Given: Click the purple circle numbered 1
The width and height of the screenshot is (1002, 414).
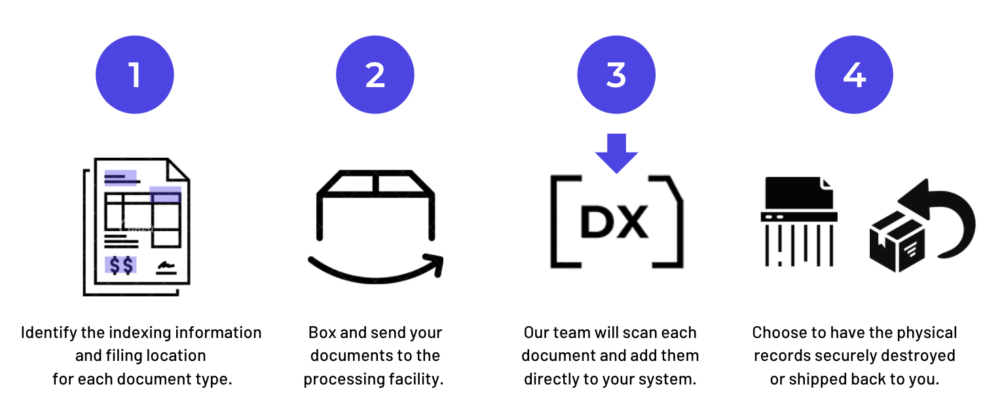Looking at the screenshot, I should pos(135,75).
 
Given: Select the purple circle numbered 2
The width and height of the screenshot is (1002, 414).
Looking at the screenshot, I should pos(375,75).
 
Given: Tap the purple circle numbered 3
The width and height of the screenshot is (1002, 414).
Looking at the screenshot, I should pos(616,75).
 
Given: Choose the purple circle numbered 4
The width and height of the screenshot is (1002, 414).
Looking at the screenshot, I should pos(854,75).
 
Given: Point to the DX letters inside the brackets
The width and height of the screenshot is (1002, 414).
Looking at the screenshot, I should pos(614,223).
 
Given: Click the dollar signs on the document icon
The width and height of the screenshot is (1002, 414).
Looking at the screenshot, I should pos(121,265).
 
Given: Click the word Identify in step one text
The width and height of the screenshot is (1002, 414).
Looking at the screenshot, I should pos(48,333).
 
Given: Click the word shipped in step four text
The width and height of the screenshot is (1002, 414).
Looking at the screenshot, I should pos(813,379).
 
